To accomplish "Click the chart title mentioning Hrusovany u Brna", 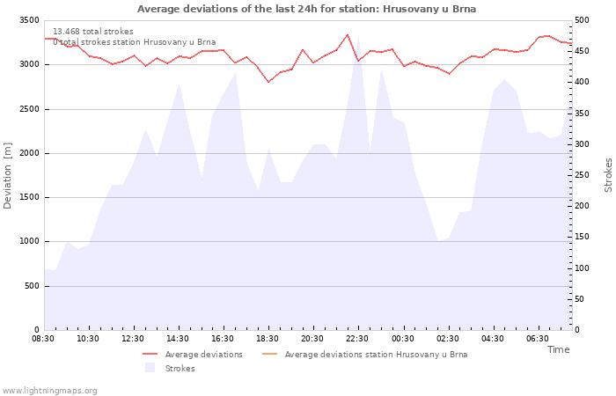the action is [306, 9].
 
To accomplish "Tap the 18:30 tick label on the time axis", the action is [268, 339].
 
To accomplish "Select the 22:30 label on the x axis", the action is [357, 339].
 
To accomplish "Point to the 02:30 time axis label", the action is [447, 339].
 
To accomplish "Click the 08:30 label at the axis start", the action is [43, 339].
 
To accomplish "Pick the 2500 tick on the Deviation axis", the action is [29, 109].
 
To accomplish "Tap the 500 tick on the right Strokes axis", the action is [582, 20].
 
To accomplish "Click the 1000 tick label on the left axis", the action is [29, 242].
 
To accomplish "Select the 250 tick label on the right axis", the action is [582, 175].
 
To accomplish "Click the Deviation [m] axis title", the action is [7, 176].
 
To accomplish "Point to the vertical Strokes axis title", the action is [608, 175].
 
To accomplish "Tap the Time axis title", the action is [558, 349].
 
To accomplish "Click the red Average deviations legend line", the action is [150, 355].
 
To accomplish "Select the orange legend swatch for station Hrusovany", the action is [269, 355].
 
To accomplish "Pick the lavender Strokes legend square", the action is [150, 368].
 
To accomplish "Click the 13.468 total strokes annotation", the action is [93, 32].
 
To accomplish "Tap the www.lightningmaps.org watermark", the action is [49, 391].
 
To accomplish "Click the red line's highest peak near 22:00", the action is [348, 34].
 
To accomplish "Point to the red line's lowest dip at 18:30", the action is [268, 82].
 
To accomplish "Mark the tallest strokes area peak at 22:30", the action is [358, 36].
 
